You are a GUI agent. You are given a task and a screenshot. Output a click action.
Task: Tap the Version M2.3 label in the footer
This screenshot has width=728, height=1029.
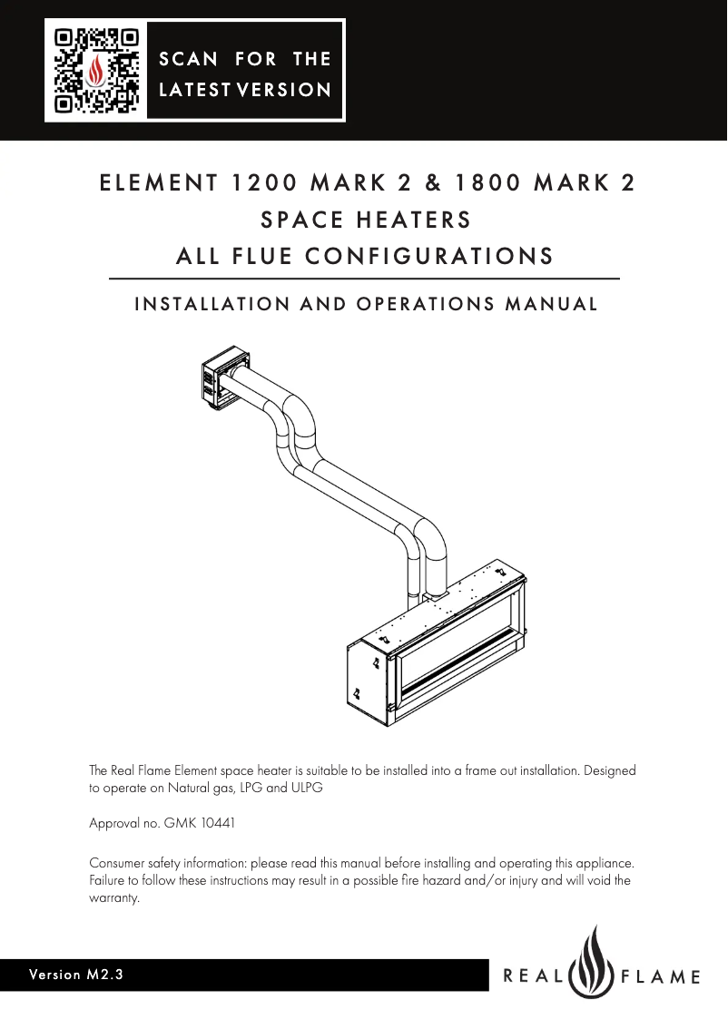(x=76, y=975)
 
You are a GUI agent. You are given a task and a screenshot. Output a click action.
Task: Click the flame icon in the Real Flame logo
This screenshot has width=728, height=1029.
(x=595, y=964)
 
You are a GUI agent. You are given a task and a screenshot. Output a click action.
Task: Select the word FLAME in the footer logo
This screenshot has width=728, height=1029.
(x=660, y=977)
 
